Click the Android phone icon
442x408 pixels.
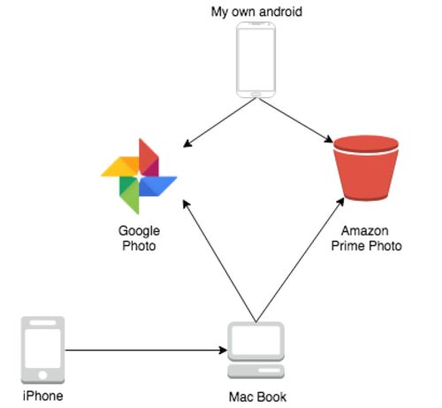click(x=256, y=59)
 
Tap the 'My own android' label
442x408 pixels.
click(x=256, y=12)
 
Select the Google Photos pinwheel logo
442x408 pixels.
click(x=139, y=176)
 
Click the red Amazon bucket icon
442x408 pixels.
click(x=366, y=167)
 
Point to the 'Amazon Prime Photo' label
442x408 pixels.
click(x=366, y=238)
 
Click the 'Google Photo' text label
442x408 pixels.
click(x=139, y=238)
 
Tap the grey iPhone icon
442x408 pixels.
click(x=42, y=350)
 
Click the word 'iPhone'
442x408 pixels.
click(x=43, y=396)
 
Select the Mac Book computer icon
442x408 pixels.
click(x=255, y=350)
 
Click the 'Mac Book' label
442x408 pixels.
click(x=257, y=396)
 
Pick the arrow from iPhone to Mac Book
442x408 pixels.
click(x=146, y=350)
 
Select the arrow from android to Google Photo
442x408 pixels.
click(x=219, y=122)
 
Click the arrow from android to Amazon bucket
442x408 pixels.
click(x=295, y=120)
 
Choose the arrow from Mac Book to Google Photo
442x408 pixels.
click(x=219, y=261)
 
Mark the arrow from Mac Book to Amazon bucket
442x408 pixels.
click(x=300, y=259)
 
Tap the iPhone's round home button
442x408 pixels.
click(x=42, y=375)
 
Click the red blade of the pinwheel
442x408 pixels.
click(x=149, y=158)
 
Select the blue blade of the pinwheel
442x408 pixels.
click(x=157, y=186)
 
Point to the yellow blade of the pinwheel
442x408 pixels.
click(x=120, y=166)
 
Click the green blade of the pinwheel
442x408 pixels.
click(x=129, y=195)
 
